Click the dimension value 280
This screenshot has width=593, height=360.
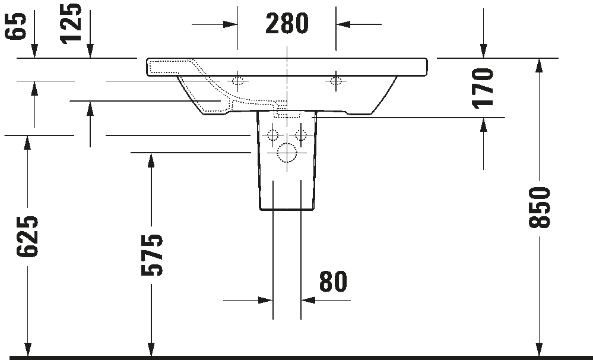287,24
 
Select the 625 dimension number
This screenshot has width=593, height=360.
28,236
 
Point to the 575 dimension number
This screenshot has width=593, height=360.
152,255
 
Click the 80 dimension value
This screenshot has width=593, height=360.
333,282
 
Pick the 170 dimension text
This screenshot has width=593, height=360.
484,87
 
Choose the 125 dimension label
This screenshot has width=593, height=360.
72,23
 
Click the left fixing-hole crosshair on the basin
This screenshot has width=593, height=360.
238,81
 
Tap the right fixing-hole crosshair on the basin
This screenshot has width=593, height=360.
336,81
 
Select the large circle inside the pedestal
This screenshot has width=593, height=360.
287,153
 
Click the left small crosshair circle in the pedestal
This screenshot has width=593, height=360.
274,134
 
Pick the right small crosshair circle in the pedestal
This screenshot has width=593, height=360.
300,134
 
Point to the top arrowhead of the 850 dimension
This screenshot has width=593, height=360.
538,64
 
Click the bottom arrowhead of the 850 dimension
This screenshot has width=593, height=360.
538,350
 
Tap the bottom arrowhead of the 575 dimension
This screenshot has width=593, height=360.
152,350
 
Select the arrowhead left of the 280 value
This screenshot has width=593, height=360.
232,24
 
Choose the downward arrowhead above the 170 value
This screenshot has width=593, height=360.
484,52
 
